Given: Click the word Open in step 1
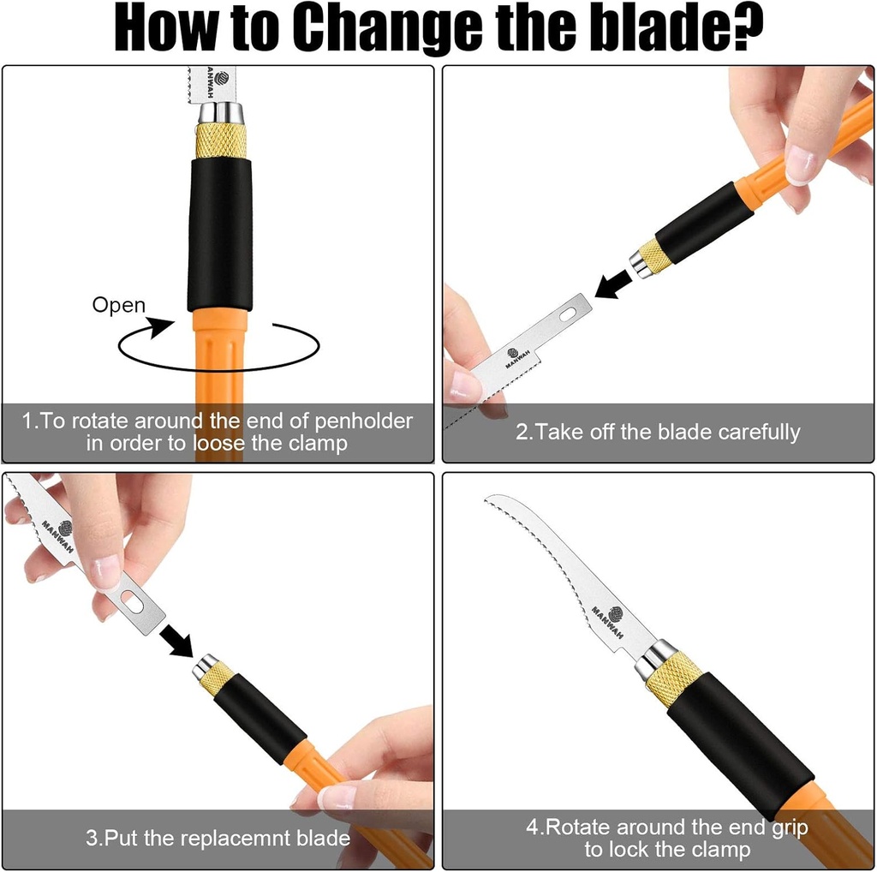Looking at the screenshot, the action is coord(118,306).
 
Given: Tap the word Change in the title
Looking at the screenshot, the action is coord(387,29).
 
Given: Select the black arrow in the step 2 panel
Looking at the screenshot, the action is coord(614,284).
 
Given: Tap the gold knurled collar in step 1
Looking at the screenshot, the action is coord(221,140).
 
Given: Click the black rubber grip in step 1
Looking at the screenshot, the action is coord(220,234).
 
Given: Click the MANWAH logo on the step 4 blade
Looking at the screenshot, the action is coord(609,620).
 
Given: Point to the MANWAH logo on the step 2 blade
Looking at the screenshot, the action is coord(516,357).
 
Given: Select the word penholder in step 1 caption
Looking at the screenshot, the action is coord(363,421).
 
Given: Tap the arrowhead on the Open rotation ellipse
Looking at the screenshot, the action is coord(162,327).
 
